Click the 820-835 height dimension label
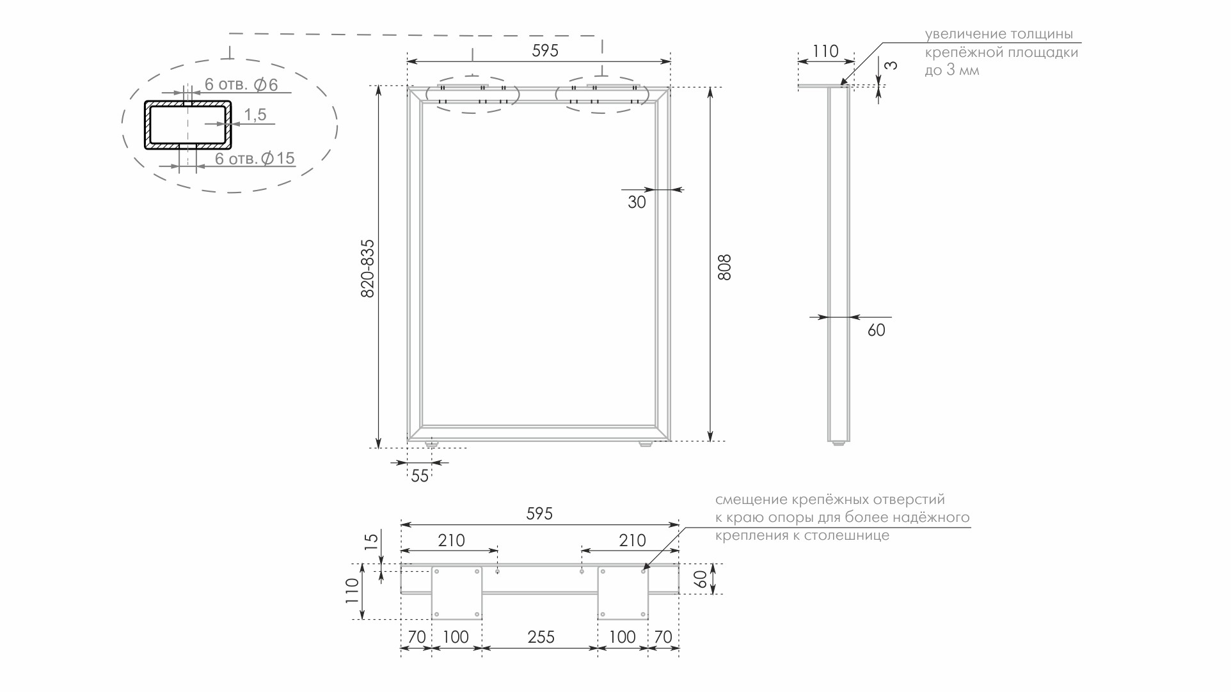pos(368,269)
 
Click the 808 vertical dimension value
pos(724,267)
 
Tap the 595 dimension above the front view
pos(545,51)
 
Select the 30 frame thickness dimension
pos(637,202)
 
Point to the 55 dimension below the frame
pos(420,476)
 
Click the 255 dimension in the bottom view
pos(541,637)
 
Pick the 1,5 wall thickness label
pos(255,114)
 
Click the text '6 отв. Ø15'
pos(255,158)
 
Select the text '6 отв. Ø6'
pos(241,84)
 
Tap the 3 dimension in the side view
pos(891,65)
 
